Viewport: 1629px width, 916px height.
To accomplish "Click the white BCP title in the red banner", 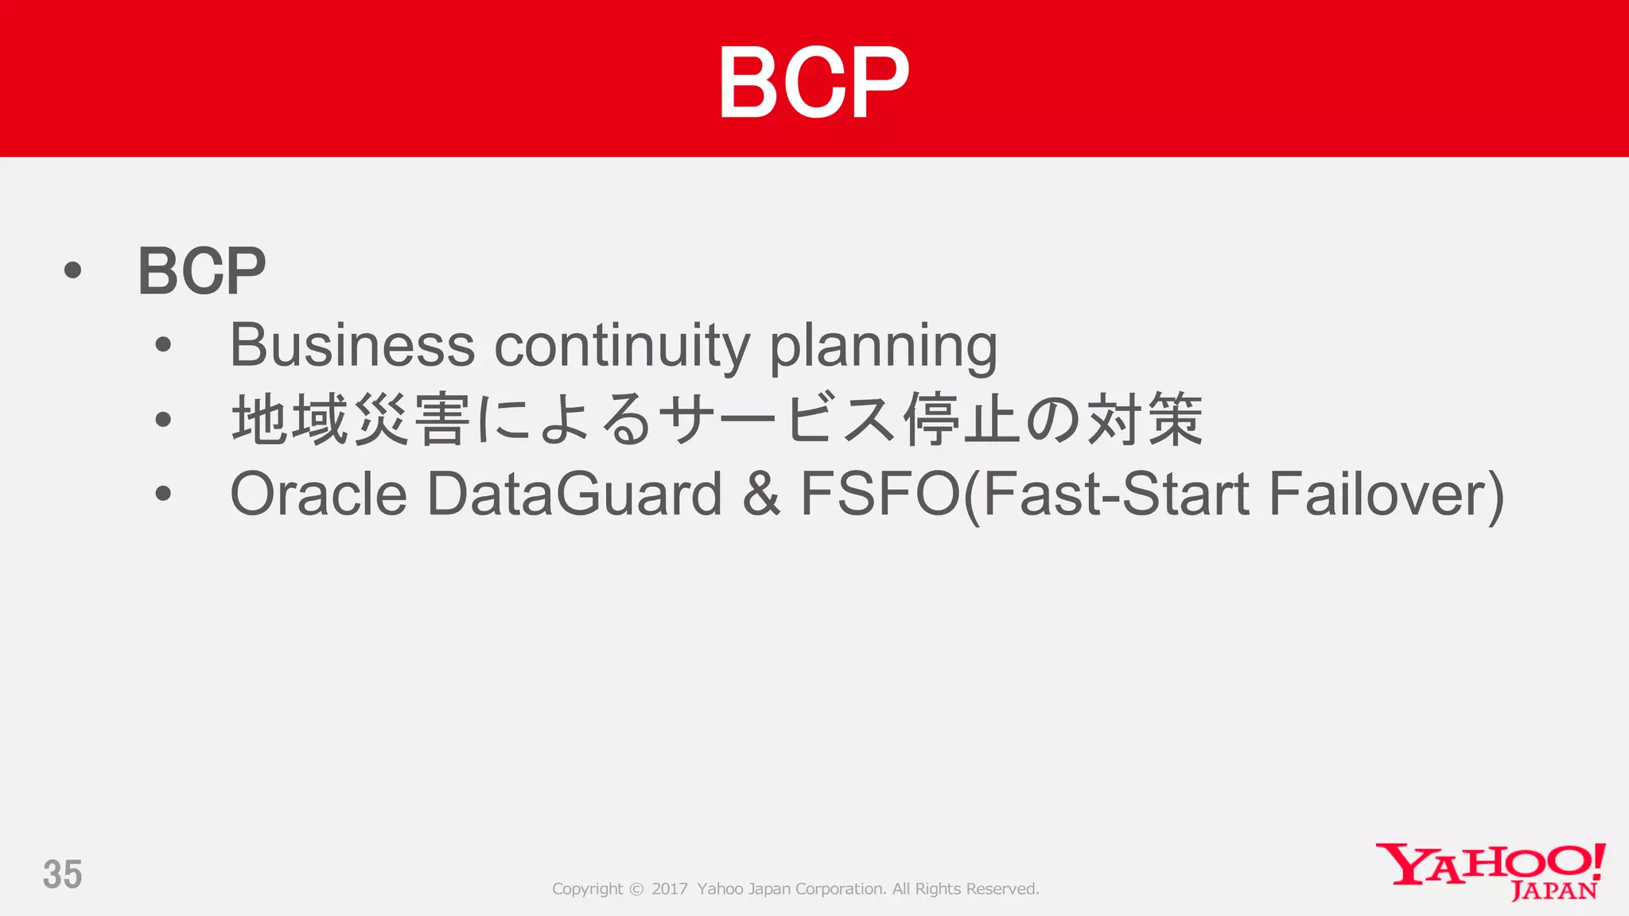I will click(814, 82).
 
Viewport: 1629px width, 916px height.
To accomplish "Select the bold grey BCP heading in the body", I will click(201, 271).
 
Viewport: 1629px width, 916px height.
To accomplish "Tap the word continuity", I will click(622, 347).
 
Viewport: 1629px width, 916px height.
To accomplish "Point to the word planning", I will click(883, 348).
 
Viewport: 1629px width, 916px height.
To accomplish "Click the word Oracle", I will click(318, 494).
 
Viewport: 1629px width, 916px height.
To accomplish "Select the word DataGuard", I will click(574, 494).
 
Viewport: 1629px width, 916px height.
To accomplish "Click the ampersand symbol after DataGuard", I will click(761, 494).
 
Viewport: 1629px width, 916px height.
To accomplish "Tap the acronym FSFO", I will click(881, 494).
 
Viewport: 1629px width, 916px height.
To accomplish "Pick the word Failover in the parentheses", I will click(1379, 494).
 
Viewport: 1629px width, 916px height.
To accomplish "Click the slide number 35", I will click(62, 875).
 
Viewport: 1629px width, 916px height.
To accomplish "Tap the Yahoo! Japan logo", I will click(1490, 871).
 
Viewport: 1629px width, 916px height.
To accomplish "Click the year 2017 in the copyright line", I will click(669, 889).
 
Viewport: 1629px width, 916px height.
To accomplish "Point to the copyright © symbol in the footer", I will click(636, 889).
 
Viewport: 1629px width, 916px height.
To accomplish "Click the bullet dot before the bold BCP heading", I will click(72, 271).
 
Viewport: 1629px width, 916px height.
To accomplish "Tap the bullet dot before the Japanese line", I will click(163, 419).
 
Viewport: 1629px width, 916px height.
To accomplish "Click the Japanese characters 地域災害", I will click(350, 419).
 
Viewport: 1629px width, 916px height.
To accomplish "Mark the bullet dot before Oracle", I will click(163, 494).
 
